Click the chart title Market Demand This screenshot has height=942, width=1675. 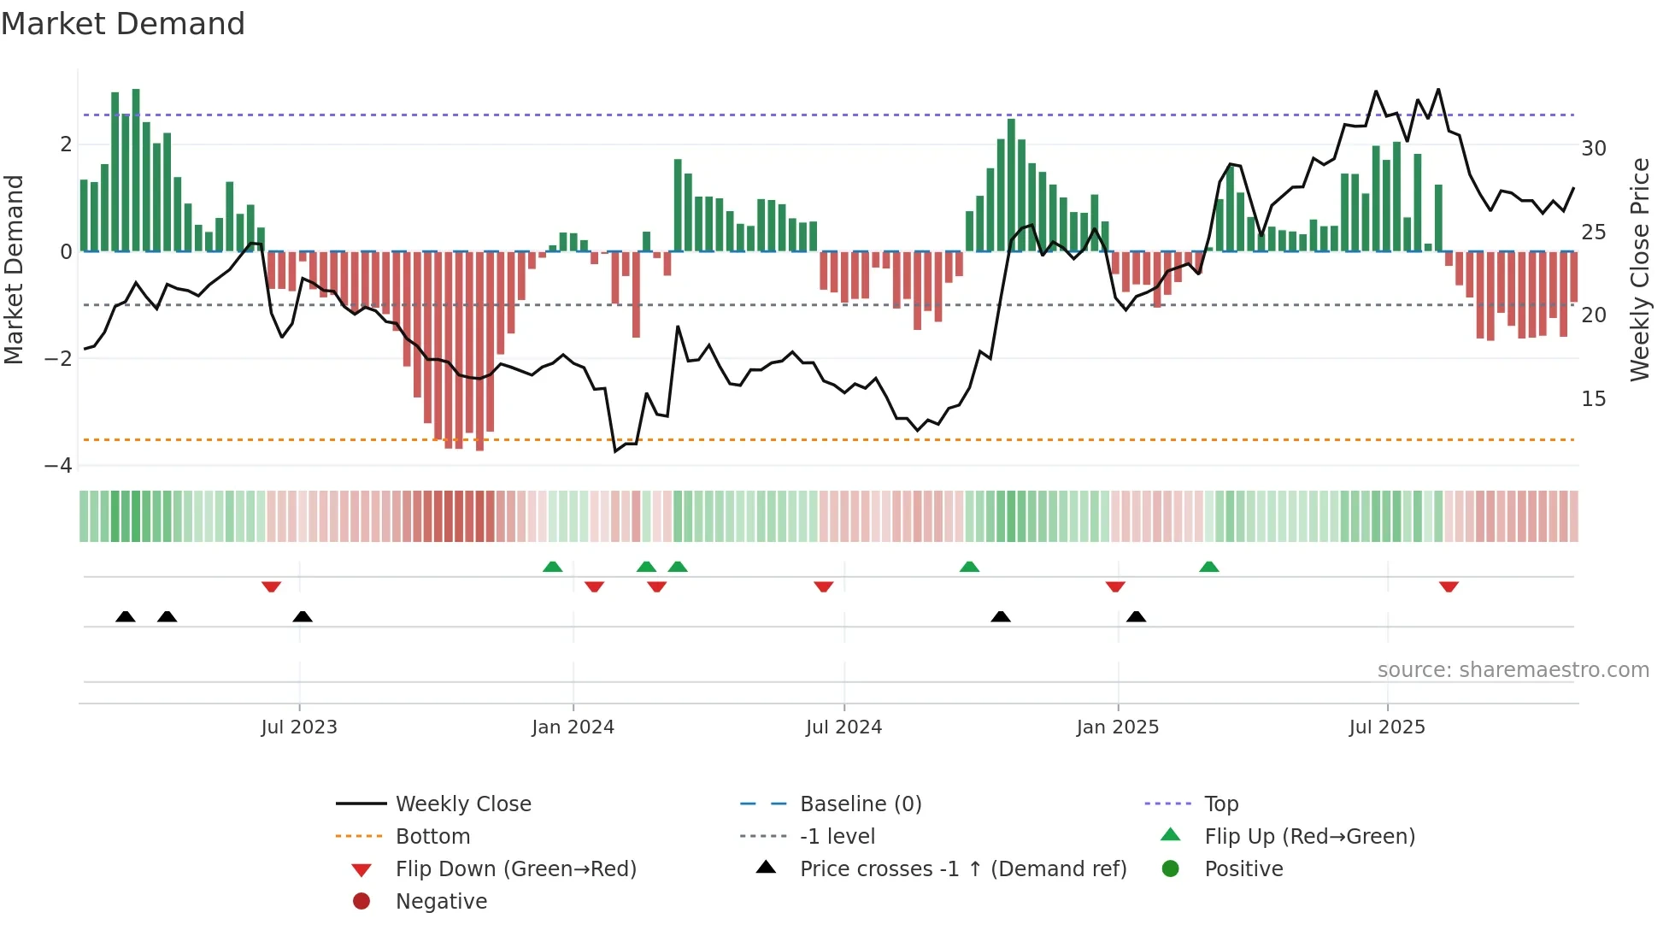[x=123, y=24]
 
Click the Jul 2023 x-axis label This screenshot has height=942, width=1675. [x=299, y=727]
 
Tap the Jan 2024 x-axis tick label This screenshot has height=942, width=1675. [x=573, y=727]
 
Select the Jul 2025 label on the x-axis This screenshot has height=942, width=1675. [x=1387, y=727]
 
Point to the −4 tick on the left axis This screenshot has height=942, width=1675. [x=59, y=466]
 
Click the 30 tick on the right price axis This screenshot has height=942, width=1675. [x=1593, y=149]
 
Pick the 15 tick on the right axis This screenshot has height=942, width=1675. [x=1593, y=399]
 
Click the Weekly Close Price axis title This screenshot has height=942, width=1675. [x=1639, y=269]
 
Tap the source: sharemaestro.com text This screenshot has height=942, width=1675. [x=1513, y=670]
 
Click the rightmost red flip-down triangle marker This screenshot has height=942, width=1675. [x=1449, y=586]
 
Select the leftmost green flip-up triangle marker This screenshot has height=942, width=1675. [x=553, y=567]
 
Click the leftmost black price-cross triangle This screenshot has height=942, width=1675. [x=126, y=616]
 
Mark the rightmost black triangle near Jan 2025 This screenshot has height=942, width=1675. [x=1136, y=616]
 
